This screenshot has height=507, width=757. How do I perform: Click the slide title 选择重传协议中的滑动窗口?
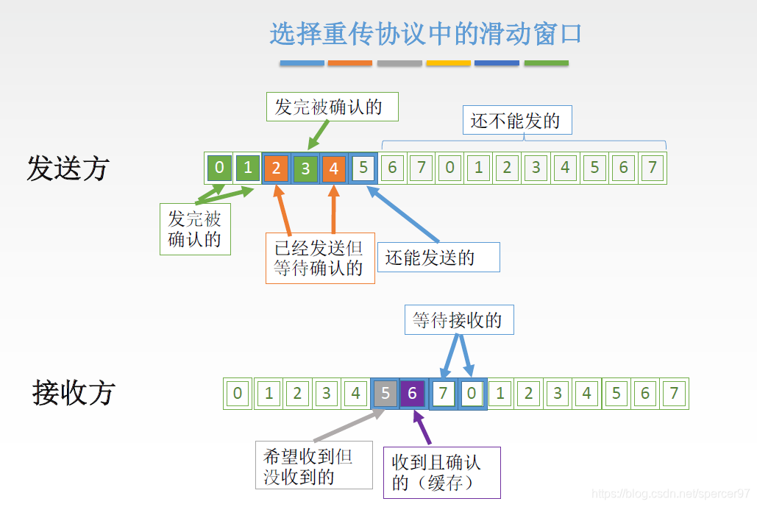click(425, 34)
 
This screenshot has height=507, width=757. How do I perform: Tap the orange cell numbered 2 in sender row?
click(276, 169)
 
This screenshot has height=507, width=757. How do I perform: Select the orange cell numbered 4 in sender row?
click(333, 169)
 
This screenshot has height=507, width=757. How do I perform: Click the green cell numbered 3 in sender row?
click(305, 169)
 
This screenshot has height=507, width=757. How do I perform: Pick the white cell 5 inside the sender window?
click(363, 169)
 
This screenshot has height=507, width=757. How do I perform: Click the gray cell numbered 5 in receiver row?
click(385, 394)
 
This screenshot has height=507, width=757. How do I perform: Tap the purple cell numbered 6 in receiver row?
click(413, 394)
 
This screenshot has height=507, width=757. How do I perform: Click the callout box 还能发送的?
click(438, 258)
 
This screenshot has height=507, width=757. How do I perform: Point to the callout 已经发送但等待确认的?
click(320, 258)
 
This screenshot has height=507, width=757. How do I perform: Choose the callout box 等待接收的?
click(459, 320)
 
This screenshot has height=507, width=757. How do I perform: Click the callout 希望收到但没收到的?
click(313, 466)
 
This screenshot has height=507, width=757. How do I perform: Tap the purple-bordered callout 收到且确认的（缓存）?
click(441, 472)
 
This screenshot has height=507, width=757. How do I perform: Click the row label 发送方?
click(68, 169)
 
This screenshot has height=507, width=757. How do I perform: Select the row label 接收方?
click(74, 393)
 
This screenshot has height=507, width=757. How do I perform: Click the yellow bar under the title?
click(448, 63)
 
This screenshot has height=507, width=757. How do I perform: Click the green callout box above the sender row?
click(333, 107)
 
